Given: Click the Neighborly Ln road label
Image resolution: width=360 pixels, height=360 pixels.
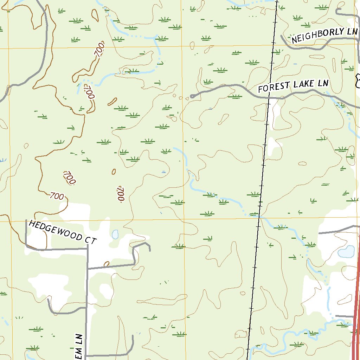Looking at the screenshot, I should pyautogui.click(x=322, y=35).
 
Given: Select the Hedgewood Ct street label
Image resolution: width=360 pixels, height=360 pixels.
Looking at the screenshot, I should pyautogui.click(x=62, y=232).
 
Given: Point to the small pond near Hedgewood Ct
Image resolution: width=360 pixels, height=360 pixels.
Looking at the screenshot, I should pyautogui.click(x=115, y=234).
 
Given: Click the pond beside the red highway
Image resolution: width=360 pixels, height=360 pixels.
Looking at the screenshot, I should pyautogui.click(x=346, y=252).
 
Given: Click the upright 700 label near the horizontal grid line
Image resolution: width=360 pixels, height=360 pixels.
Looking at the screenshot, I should pyautogui.click(x=57, y=196).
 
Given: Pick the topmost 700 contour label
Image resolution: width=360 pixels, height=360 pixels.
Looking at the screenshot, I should pyautogui.click(x=99, y=49).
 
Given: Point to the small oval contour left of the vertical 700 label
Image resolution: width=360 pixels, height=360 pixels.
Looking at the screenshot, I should pyautogui.click(x=114, y=172).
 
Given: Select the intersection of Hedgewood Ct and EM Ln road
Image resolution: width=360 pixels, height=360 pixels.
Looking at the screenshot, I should pyautogui.click(x=87, y=249).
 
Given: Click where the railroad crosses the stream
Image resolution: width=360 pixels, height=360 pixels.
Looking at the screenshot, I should pyautogui.click(x=259, y=217).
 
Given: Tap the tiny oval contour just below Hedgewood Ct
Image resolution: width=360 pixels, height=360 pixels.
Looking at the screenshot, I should pyautogui.click(x=107, y=263).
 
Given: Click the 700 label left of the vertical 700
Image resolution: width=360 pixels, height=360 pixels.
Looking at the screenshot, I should pyautogui.click(x=69, y=178).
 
